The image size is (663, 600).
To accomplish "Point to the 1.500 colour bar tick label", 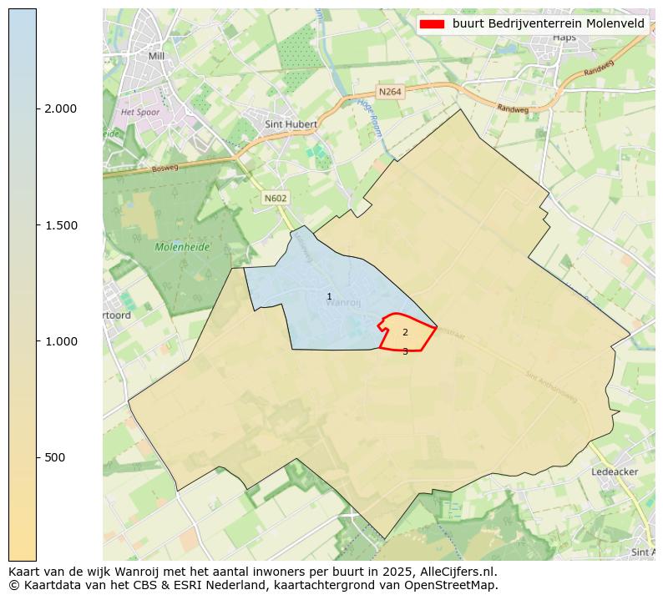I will (59, 225).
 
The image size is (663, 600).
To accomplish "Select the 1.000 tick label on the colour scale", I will (59, 341).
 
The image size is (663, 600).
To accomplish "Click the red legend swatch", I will (431, 23).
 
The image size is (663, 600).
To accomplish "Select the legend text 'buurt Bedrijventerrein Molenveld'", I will (549, 23).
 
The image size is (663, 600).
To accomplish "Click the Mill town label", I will (156, 56).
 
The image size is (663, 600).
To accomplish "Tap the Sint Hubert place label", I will (291, 124).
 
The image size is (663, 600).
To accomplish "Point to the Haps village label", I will (564, 37).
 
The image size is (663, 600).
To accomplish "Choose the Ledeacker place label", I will (615, 471).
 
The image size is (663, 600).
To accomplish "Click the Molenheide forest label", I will (182, 247).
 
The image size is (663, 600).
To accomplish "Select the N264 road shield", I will (390, 92).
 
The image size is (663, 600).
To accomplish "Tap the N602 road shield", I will (275, 198).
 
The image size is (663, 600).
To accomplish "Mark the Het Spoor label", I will (140, 111).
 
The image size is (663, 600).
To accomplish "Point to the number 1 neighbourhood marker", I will (329, 297).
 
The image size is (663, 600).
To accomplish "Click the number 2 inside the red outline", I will (405, 332).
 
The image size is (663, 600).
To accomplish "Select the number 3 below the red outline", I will (405, 351).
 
